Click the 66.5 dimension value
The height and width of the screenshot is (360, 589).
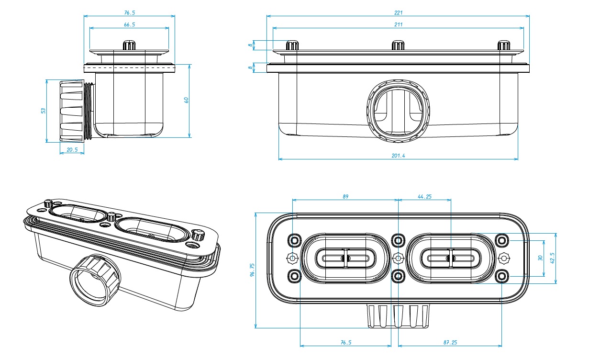coord(129,24)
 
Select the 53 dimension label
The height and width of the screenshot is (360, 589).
coord(43,111)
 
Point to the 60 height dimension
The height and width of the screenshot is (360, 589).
coord(187,100)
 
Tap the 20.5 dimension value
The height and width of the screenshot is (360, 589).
coord(72,149)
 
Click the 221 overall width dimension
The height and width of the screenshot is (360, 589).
coord(398,12)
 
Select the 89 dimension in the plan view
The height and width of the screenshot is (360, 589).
coord(345,196)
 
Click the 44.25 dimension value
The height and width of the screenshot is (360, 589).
coord(425,196)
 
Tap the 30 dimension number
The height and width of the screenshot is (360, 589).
coord(540,258)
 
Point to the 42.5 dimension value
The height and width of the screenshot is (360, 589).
coord(553,258)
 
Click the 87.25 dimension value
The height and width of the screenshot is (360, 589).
coord(450,342)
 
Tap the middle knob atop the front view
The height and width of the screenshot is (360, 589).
coord(398,45)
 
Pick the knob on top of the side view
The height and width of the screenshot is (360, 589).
coord(129,45)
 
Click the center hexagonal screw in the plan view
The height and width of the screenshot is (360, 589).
coord(398,258)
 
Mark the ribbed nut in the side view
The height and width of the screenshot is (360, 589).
coord(73,111)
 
